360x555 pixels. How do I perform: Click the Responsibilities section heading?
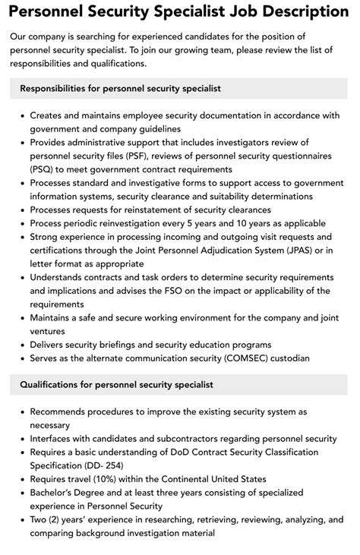121,89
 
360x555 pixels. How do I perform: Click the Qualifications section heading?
117,385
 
